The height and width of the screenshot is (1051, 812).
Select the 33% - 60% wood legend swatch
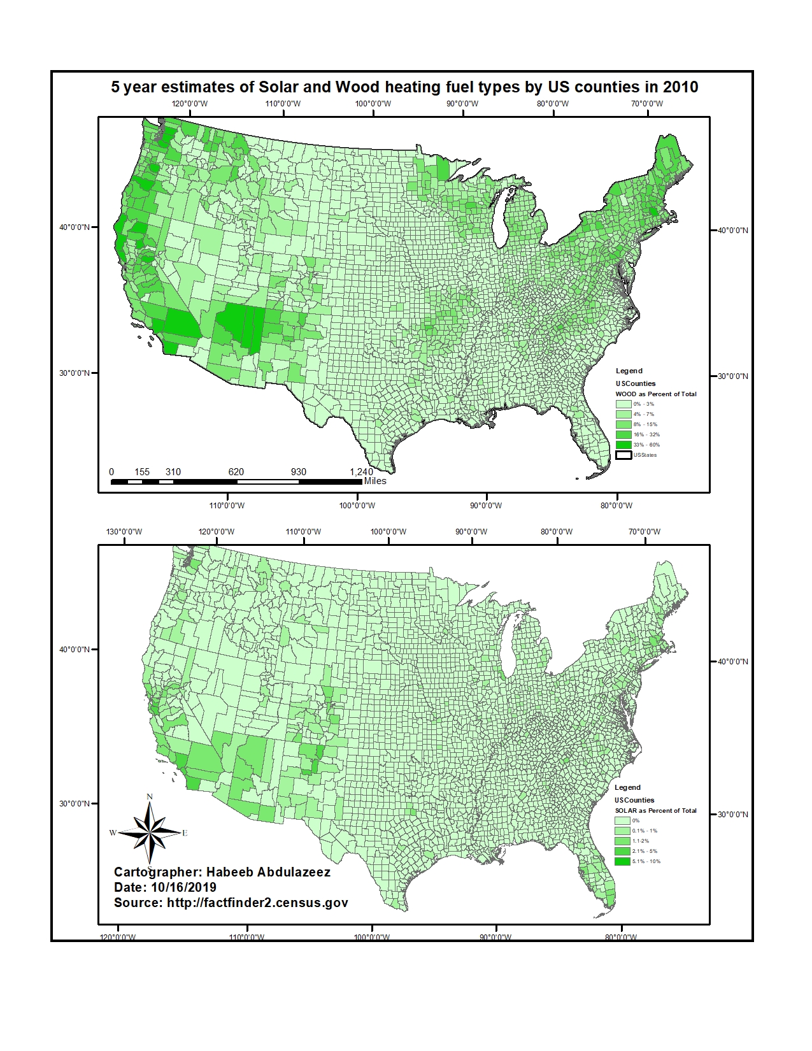[623, 445]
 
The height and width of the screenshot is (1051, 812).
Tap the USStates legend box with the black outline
[623, 455]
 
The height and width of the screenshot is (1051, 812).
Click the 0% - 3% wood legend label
[643, 404]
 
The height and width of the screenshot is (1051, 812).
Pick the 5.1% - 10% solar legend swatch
[622, 861]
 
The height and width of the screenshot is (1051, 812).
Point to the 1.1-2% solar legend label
[641, 841]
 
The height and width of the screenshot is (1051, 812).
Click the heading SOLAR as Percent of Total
[655, 811]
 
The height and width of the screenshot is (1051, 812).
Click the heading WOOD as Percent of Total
[655, 394]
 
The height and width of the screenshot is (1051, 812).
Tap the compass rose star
[149, 833]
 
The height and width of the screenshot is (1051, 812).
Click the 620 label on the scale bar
[236, 472]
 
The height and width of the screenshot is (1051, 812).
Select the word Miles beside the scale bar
[375, 481]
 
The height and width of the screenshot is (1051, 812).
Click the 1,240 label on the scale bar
[361, 472]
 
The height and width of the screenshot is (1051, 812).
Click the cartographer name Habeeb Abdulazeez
[267, 872]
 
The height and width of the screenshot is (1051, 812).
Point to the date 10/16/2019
[183, 887]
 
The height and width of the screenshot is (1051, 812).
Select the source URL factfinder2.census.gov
[257, 903]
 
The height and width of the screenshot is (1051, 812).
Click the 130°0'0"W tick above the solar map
[124, 532]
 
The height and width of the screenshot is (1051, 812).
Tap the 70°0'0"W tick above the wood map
[647, 104]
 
